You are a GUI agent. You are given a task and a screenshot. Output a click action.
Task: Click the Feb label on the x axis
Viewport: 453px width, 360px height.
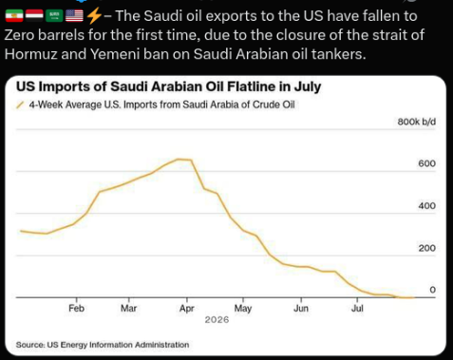(76, 308)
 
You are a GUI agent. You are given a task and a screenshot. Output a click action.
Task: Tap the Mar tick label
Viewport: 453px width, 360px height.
(128, 308)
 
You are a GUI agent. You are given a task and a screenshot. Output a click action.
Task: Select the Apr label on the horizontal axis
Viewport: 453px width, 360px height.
(187, 309)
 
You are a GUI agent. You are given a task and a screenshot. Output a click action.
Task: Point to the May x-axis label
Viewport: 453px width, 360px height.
(243, 309)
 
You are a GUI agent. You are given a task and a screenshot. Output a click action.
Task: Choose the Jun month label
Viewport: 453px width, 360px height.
(301, 308)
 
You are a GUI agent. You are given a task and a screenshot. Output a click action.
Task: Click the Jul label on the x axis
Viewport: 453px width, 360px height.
(357, 308)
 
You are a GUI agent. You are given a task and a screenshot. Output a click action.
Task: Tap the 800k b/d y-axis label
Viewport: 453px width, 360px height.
(417, 122)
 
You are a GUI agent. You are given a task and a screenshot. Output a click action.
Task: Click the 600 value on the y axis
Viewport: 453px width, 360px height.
(426, 163)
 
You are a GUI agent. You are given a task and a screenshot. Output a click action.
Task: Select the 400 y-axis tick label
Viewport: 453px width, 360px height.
(426, 206)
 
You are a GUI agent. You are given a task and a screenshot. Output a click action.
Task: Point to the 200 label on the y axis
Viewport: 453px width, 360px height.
(426, 248)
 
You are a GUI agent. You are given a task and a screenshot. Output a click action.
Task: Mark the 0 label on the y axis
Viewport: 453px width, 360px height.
(432, 290)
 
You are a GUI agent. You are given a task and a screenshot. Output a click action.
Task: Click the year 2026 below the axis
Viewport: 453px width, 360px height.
(217, 319)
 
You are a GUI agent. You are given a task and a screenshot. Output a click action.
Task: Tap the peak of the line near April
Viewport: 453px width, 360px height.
(179, 159)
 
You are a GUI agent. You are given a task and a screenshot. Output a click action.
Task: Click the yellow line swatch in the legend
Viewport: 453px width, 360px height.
(20, 104)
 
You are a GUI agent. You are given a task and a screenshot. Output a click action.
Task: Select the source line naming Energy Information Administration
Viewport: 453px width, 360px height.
(103, 345)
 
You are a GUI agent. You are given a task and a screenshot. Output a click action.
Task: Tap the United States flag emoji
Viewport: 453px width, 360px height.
(74, 15)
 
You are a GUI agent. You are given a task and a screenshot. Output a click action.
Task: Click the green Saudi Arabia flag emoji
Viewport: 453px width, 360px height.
(54, 15)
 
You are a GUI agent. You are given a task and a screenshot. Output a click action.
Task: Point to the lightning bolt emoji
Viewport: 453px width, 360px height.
(94, 16)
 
